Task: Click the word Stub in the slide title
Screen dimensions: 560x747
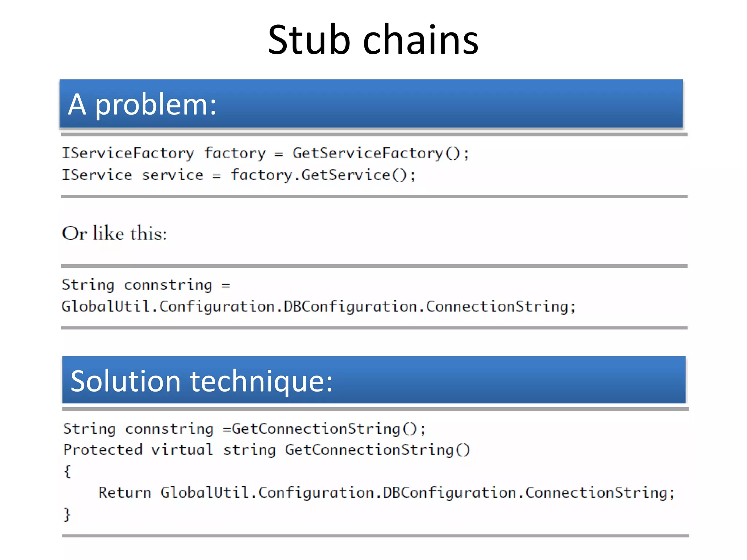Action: point(309,40)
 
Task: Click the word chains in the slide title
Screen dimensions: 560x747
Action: point(420,40)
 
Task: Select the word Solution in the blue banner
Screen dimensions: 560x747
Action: point(125,381)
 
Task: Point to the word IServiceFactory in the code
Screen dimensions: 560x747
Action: point(128,153)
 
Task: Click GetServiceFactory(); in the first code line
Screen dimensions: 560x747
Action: point(380,153)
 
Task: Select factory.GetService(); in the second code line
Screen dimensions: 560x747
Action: point(323,175)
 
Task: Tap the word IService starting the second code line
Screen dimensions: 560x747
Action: point(97,175)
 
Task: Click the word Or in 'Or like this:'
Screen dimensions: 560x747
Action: point(74,233)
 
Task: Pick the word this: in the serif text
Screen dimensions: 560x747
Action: point(148,233)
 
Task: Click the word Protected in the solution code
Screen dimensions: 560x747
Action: point(102,450)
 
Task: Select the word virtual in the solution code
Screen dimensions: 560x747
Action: point(182,450)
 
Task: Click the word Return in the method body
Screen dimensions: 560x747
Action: point(125,493)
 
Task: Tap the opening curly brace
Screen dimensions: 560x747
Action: point(67,471)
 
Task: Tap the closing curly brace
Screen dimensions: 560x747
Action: point(67,514)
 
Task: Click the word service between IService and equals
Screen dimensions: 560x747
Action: point(172,175)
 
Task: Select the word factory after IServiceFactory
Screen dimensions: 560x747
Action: point(235,153)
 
